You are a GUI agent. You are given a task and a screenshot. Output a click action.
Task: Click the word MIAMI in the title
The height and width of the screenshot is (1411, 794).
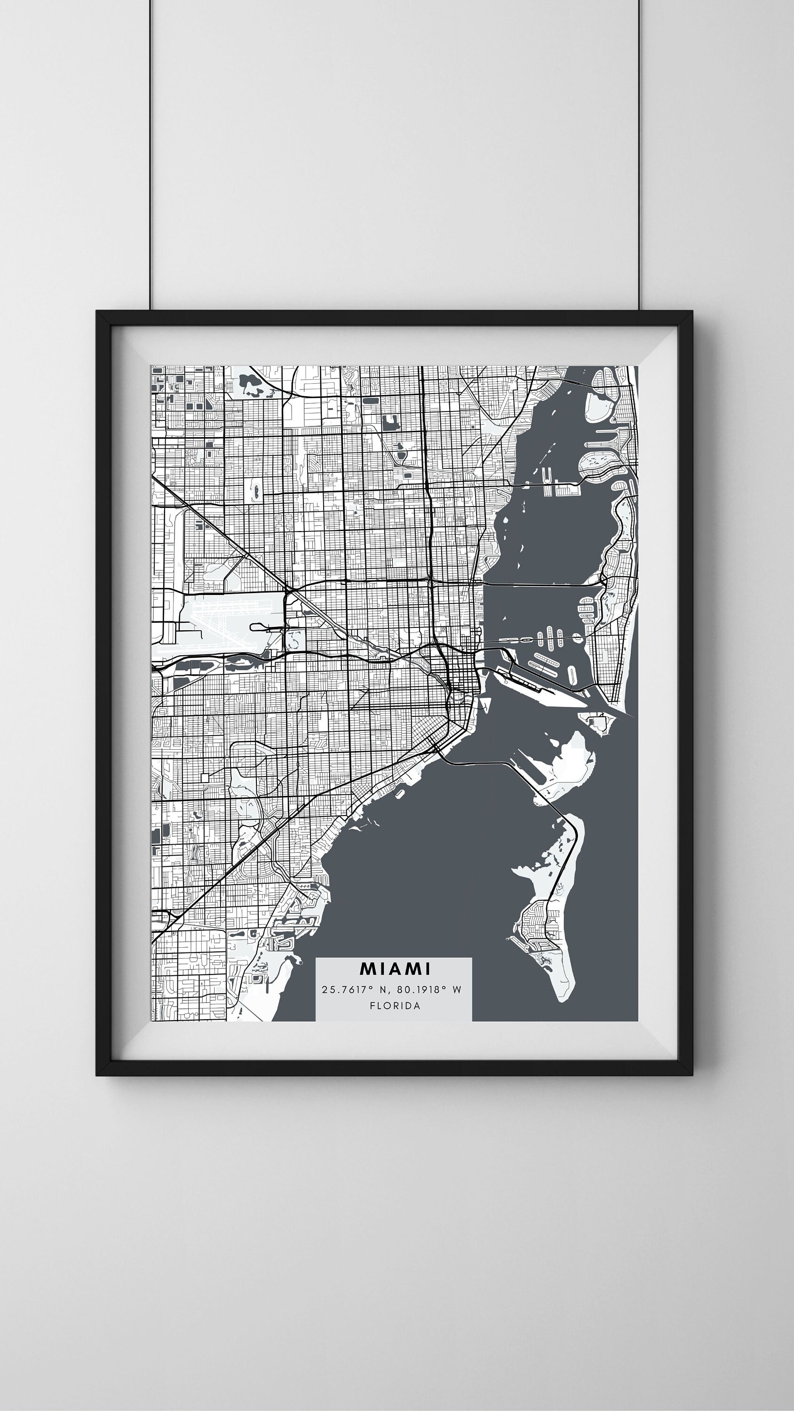[x=395, y=969]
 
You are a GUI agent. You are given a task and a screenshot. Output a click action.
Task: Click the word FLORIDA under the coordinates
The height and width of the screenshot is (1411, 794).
[x=395, y=1006]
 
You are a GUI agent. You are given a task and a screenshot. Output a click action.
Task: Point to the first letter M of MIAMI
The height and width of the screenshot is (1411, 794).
[x=366, y=969]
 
